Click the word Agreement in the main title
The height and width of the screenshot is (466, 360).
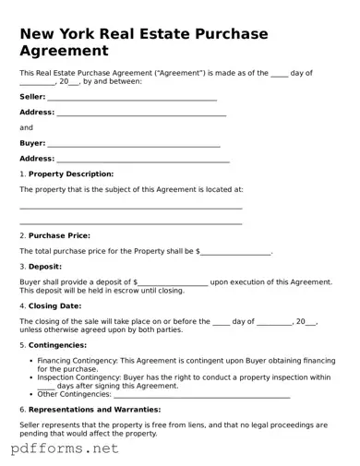(64, 51)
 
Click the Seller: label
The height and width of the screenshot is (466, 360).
(32, 96)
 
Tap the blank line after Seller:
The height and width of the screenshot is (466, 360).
(132, 98)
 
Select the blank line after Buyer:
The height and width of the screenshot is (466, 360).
(133, 145)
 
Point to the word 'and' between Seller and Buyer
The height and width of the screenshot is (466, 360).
(26, 127)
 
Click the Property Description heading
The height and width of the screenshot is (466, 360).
(71, 173)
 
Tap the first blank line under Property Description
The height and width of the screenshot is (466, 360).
(130, 209)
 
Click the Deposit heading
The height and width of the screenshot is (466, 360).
(45, 267)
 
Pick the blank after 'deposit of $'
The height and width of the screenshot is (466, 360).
(173, 283)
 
